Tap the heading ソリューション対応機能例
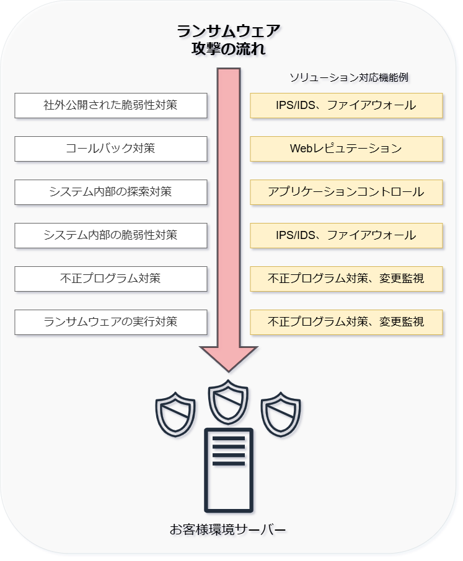click(x=349, y=78)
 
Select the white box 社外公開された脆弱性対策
click(x=110, y=105)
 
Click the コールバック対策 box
click(x=110, y=149)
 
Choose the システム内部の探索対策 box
click(x=110, y=192)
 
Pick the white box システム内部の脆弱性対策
click(x=110, y=235)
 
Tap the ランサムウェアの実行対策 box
click(x=110, y=322)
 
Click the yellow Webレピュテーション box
click(x=346, y=149)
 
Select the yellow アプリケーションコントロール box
click(x=346, y=192)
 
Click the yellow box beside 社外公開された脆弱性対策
click(x=346, y=105)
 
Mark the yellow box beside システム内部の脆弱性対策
click(x=346, y=235)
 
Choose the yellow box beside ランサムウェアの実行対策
click(x=346, y=322)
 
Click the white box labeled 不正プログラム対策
click(x=110, y=279)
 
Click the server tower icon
click(x=228, y=469)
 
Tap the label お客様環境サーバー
click(x=228, y=530)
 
